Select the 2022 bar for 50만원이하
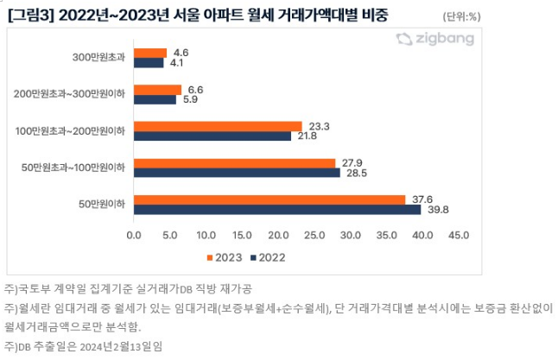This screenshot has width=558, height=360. click(277, 209)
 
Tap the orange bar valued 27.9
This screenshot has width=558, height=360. click(234, 163)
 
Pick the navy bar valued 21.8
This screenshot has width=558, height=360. click(212, 136)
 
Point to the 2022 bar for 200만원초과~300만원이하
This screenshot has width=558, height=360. click(155, 99)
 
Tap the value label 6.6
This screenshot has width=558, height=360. click(195, 89)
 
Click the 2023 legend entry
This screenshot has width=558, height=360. click(225, 257)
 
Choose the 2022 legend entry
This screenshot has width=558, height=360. click(267, 257)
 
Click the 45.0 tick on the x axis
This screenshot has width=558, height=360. click(459, 234)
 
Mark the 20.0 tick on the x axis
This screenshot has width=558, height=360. click(278, 234)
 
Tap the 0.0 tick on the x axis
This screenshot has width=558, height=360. click(134, 234)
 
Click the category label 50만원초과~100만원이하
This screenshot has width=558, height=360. click(86, 167)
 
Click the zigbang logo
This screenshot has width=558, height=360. click(437, 39)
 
